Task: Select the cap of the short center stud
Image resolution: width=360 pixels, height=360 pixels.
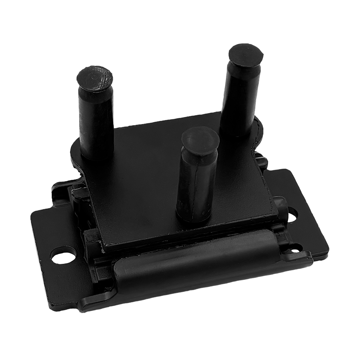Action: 200,140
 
